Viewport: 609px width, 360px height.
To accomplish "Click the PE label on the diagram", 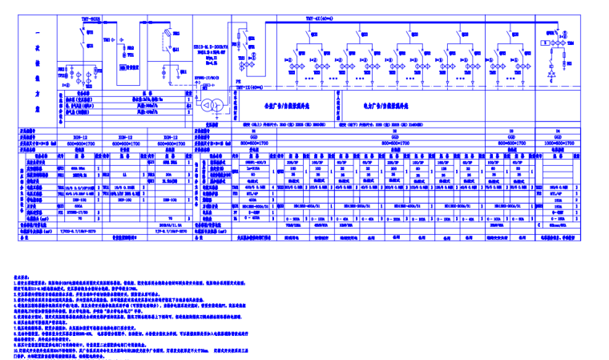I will [237, 80].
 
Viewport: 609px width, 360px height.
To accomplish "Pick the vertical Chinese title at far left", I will [38, 68].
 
